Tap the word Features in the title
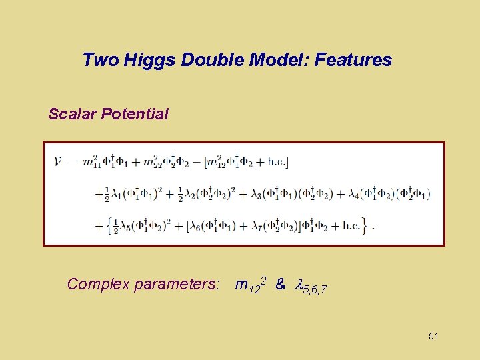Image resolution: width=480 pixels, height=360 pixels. coord(353,60)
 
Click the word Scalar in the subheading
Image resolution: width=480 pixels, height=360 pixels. coord(72,114)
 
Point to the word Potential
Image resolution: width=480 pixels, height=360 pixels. coord(135,114)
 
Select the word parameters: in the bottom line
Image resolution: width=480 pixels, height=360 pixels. coord(177,285)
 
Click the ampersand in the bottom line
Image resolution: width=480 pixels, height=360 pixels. coord(280,284)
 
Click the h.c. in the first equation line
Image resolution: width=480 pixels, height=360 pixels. coord(277,161)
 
